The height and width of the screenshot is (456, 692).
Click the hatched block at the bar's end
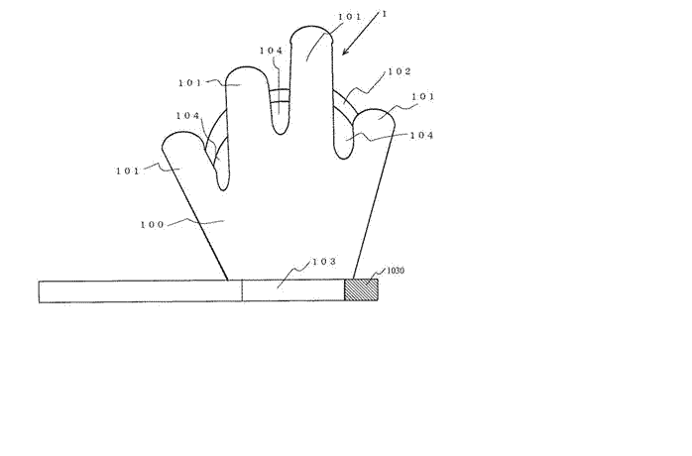click(x=361, y=290)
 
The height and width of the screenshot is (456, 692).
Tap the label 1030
click(x=396, y=271)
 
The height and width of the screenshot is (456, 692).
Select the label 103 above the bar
click(x=324, y=262)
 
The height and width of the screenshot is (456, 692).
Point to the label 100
click(x=153, y=225)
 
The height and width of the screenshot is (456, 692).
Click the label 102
click(x=400, y=71)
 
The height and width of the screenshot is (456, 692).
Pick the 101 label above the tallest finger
click(x=350, y=17)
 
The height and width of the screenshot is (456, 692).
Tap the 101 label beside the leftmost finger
click(x=128, y=171)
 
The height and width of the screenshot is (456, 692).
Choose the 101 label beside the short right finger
click(x=423, y=96)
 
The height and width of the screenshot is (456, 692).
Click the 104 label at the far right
click(x=422, y=135)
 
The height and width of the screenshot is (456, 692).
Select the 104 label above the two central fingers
click(x=271, y=51)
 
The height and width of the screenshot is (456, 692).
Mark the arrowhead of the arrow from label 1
click(x=345, y=52)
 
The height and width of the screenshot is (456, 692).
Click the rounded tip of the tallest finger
click(x=311, y=27)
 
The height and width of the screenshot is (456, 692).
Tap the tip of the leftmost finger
click(x=180, y=133)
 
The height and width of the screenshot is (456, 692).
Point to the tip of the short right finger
click(x=374, y=109)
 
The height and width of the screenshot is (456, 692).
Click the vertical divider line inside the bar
click(x=242, y=291)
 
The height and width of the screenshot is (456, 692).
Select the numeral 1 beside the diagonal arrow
click(x=384, y=14)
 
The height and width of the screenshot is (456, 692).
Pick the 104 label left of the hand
click(x=188, y=116)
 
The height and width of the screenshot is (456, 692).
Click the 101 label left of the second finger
click(x=190, y=83)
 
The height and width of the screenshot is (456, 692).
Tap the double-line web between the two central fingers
click(x=280, y=96)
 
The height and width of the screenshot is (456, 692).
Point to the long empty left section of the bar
click(x=141, y=291)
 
